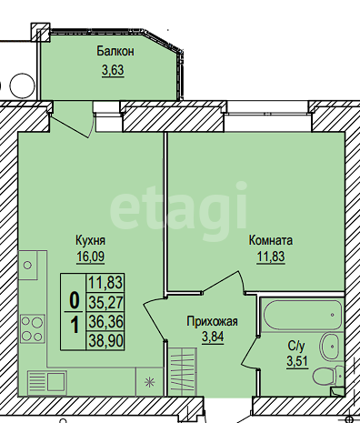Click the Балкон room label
(x=115, y=51)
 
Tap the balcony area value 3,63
(x=113, y=70)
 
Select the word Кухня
(x=90, y=240)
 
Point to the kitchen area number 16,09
(x=91, y=257)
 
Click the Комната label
(x=271, y=240)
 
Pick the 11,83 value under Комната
(x=271, y=257)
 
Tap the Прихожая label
(x=212, y=321)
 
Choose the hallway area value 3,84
(x=213, y=337)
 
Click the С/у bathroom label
(x=297, y=346)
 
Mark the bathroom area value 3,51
(x=297, y=361)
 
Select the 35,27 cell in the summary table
(x=105, y=302)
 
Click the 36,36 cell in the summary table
(x=105, y=321)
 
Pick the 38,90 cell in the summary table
(x=105, y=341)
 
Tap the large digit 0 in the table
(x=75, y=300)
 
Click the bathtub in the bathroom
(x=303, y=315)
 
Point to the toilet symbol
(x=328, y=376)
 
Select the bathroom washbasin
(x=329, y=347)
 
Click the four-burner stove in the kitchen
(x=33, y=328)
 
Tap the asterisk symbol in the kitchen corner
(x=149, y=382)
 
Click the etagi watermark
(x=178, y=206)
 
